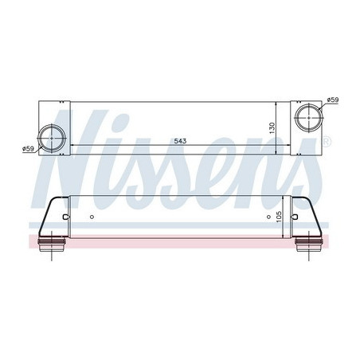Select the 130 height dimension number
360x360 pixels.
tap(271, 127)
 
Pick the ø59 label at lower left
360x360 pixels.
tap(28, 148)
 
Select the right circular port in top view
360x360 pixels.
tap(307, 117)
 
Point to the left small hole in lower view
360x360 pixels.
tap(92, 217)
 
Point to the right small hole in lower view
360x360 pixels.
tap(268, 217)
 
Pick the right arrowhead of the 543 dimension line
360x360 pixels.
tap(274, 146)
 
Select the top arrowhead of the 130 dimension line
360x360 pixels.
tap(277, 104)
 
